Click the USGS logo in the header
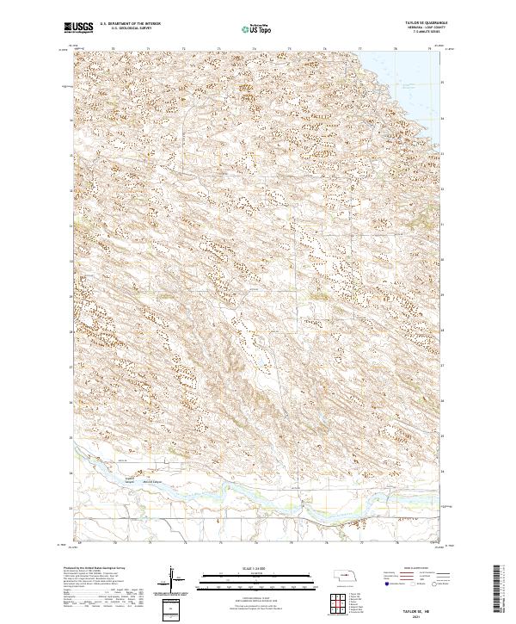78,28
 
